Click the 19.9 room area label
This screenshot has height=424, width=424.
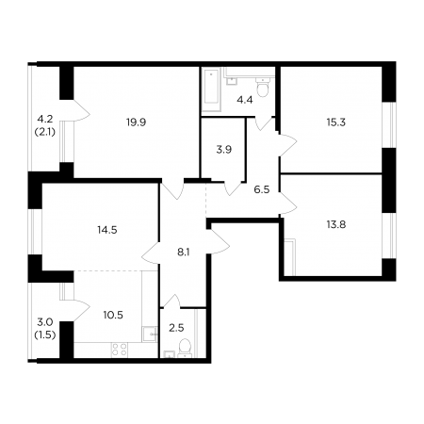(137, 122)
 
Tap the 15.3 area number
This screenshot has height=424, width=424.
(336, 122)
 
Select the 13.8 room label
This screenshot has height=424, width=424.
(336, 224)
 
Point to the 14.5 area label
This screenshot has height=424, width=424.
(107, 230)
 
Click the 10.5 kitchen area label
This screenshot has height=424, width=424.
(113, 315)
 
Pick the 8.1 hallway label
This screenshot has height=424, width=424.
(184, 252)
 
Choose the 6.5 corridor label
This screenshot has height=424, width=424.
(262, 189)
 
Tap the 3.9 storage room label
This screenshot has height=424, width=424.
(224, 150)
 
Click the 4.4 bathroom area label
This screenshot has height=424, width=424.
(245, 101)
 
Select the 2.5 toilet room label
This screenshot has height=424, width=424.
(176, 328)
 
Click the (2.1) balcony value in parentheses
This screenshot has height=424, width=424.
(44, 132)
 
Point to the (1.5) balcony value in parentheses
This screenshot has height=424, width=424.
(44, 335)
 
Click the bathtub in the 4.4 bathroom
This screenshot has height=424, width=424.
(211, 90)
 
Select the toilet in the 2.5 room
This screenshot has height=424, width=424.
(185, 349)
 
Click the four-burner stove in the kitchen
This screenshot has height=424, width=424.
(120, 350)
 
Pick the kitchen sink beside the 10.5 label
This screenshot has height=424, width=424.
(149, 334)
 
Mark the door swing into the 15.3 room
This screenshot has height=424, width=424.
(288, 144)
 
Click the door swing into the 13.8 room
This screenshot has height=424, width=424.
(288, 204)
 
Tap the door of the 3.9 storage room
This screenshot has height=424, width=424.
(233, 188)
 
